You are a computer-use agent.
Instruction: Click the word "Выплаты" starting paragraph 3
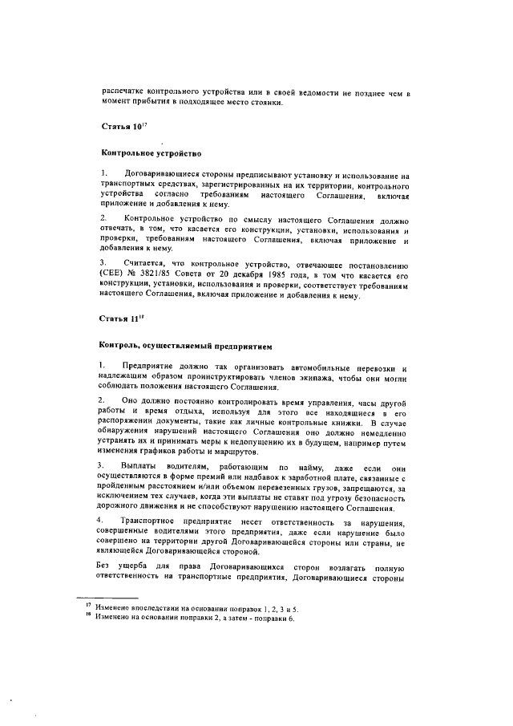pyautogui.click(x=139, y=465)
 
